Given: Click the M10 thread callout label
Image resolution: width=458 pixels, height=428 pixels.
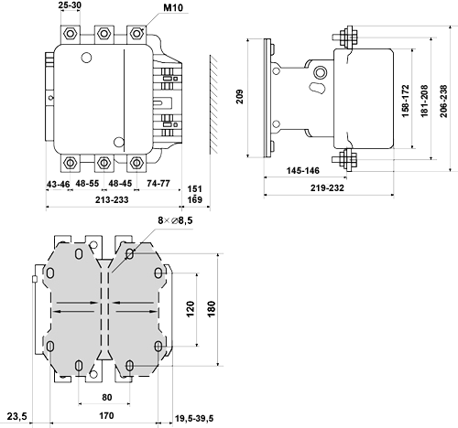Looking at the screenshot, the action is (x=173, y=7).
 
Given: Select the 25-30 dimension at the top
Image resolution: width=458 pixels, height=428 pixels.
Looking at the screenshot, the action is (x=70, y=5).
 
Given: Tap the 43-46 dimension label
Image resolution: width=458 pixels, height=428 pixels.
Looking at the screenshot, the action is (x=58, y=185).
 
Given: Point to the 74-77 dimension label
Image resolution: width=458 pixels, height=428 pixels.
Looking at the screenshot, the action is (x=158, y=183).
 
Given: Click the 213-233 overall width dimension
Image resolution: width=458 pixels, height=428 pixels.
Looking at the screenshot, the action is (x=112, y=200).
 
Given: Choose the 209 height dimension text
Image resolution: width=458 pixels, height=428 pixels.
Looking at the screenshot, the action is (x=240, y=97).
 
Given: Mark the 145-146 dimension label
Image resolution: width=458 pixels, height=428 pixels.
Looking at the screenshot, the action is (x=303, y=170).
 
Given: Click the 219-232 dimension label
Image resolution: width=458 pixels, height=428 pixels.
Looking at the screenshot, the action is (x=327, y=187).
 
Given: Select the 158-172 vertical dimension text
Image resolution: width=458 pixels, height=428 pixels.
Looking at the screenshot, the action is (x=405, y=101).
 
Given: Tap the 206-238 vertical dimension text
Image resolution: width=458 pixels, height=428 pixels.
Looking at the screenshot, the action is (x=443, y=101).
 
